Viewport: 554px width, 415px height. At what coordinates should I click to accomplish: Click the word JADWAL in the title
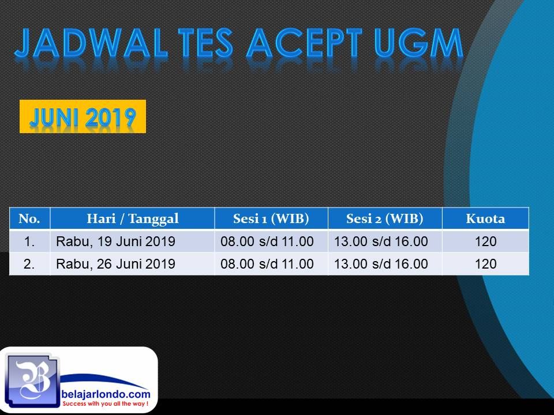91,43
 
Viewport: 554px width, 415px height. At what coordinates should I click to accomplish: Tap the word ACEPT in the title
305,43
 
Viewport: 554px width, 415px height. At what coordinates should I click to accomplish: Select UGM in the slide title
419,43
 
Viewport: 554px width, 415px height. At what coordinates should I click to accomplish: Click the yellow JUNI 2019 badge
83,116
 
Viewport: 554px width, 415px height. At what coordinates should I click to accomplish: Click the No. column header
29,218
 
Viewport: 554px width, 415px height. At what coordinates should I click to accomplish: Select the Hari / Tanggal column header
133,218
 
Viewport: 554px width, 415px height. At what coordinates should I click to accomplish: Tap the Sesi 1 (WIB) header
271,218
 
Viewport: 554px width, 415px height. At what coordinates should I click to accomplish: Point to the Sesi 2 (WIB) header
385,218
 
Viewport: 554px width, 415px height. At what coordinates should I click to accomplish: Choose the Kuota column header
485,218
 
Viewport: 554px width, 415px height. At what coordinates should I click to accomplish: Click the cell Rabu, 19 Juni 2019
115,242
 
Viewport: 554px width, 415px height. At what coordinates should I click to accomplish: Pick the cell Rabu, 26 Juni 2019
115,264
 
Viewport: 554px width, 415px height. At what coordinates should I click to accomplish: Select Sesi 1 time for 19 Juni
267,242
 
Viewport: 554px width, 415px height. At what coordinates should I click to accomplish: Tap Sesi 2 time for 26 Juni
381,264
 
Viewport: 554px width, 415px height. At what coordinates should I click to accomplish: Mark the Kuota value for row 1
486,242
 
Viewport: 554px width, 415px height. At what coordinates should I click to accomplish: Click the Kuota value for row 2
486,264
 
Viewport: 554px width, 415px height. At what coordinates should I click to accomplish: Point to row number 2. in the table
29,264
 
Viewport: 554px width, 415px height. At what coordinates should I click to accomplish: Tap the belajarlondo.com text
106,394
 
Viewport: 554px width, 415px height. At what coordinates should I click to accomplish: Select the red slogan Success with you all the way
105,403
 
